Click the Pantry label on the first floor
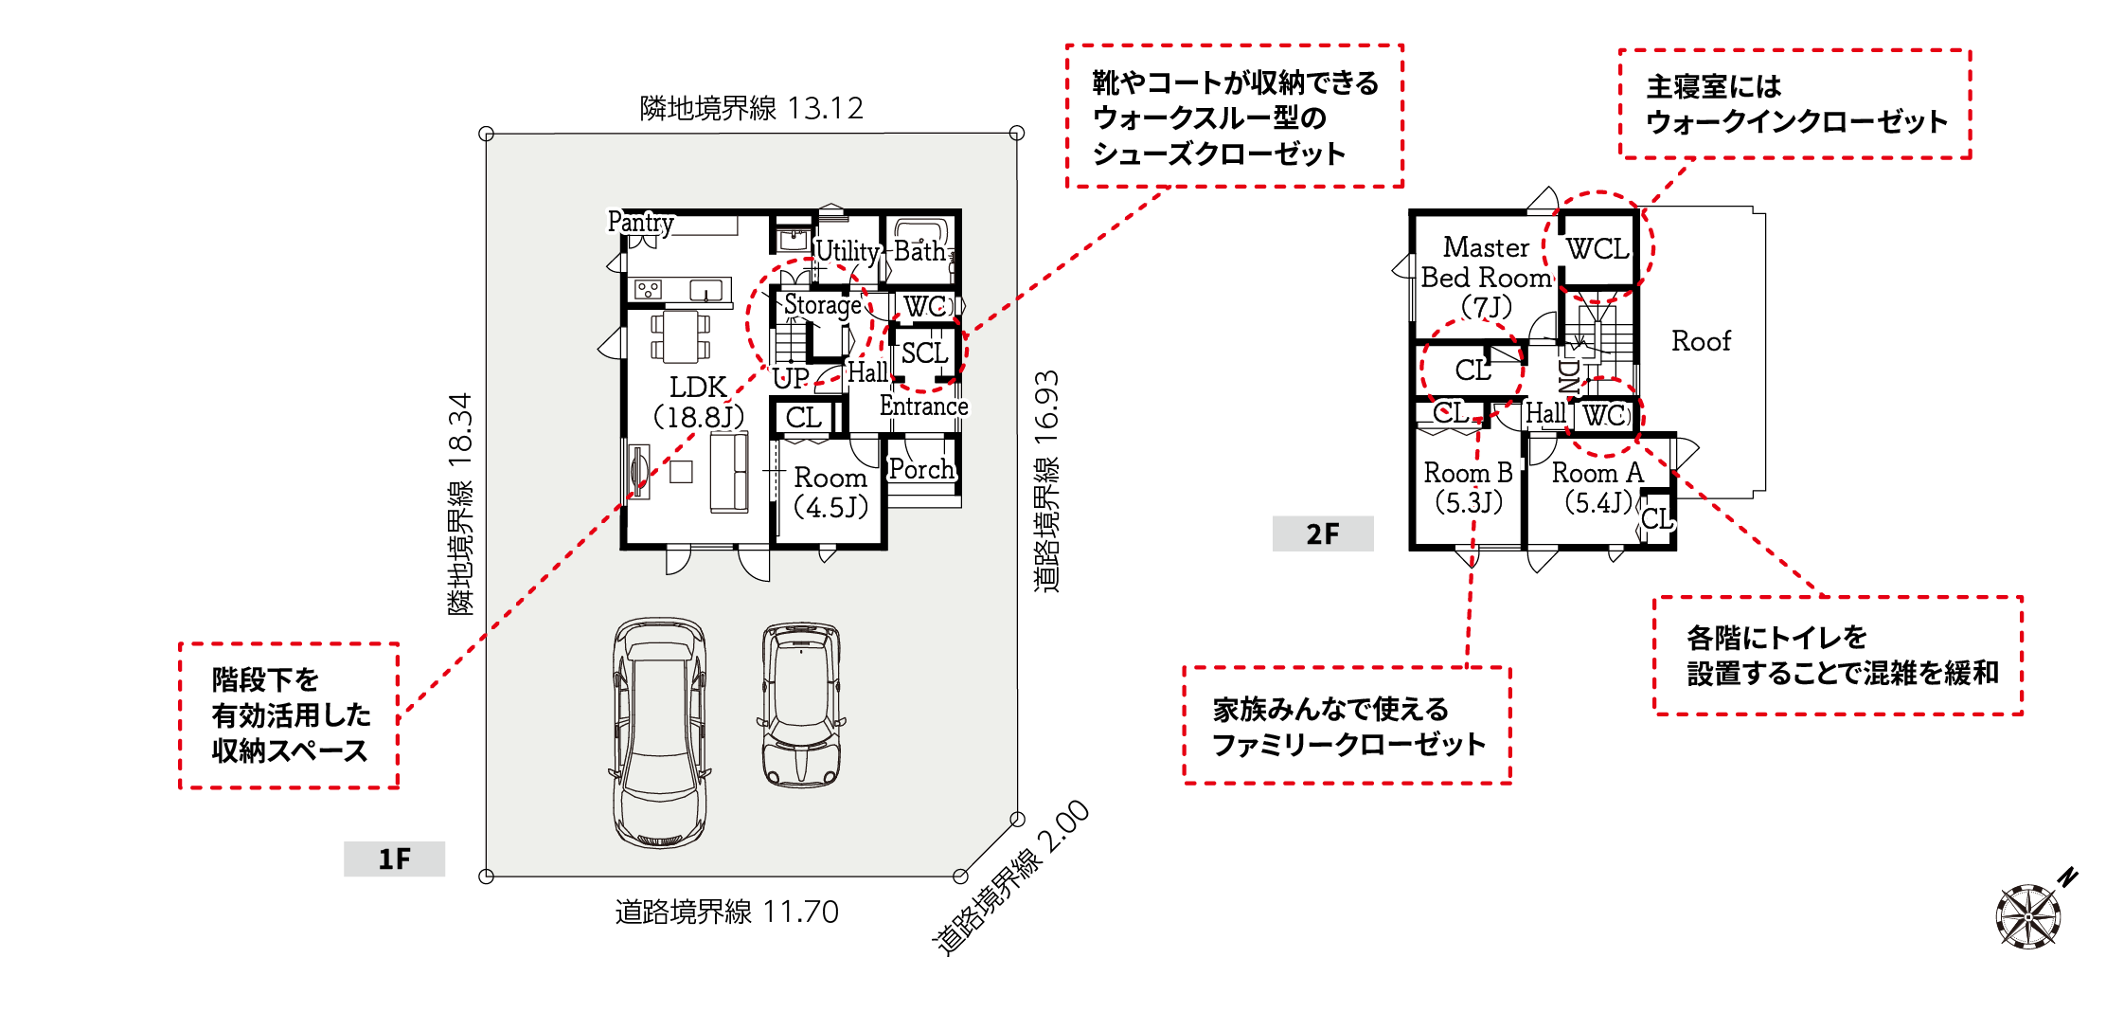(x=641, y=223)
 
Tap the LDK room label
(x=699, y=388)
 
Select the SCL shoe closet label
(x=924, y=353)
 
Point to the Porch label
(x=921, y=469)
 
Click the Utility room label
(x=848, y=251)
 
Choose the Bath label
(x=919, y=251)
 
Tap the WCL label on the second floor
(x=1597, y=249)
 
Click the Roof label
(x=1701, y=341)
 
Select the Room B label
(x=1468, y=473)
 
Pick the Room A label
(x=1597, y=473)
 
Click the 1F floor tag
(x=394, y=858)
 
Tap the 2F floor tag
(x=1323, y=533)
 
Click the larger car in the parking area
(x=660, y=732)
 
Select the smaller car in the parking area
(x=801, y=704)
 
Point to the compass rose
(x=2029, y=914)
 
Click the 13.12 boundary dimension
(x=826, y=108)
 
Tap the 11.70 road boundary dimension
(x=801, y=912)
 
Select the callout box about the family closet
(x=1348, y=726)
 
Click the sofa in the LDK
(x=729, y=472)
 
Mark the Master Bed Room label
(x=1487, y=262)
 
